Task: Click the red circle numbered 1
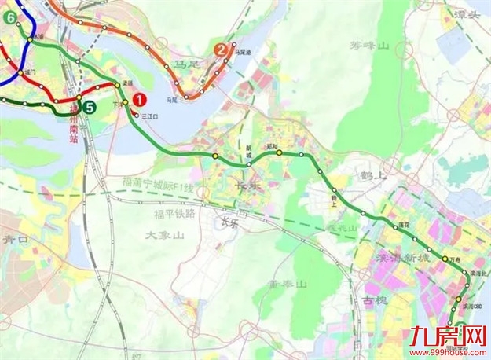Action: click(140, 100)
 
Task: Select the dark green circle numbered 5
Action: click(90, 108)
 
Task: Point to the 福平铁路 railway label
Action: click(174, 212)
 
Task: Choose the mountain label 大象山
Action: click(164, 234)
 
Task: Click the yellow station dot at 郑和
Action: click(279, 153)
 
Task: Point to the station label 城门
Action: click(31, 72)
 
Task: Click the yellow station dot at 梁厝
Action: click(117, 86)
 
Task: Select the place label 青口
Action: click(16, 238)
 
